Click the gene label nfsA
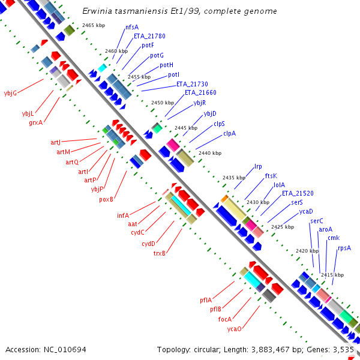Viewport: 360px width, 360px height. (x=132, y=27)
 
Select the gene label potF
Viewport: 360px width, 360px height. (x=148, y=46)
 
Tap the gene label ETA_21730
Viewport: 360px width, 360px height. (x=192, y=84)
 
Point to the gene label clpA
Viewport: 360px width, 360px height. (x=229, y=133)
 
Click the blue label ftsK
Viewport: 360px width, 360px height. (x=271, y=176)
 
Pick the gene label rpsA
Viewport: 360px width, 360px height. (x=344, y=247)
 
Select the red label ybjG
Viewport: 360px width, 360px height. (x=10, y=93)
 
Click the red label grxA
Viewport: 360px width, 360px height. (x=36, y=122)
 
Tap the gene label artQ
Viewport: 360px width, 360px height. (x=72, y=162)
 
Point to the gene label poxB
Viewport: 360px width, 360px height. (x=107, y=199)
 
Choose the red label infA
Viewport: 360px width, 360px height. (x=123, y=215)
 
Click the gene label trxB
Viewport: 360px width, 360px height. (x=159, y=253)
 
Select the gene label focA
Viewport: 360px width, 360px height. (x=225, y=319)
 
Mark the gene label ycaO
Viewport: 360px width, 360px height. (x=234, y=329)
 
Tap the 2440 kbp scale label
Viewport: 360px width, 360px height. (x=209, y=153)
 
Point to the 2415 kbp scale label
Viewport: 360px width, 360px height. (x=332, y=275)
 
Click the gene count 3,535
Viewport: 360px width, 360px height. (x=344, y=349)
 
